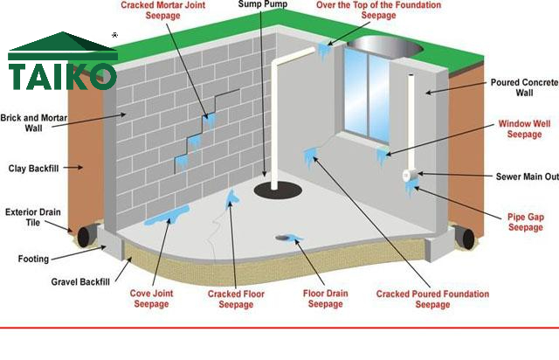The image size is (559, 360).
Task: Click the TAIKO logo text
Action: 61,73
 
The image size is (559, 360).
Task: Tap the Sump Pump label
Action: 262,5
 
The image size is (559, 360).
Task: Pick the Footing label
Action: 33,259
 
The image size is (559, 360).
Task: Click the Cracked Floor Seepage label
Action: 236,298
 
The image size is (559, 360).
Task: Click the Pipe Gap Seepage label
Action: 525,221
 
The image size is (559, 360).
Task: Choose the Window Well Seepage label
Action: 525,128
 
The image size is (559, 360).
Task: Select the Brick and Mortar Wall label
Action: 33,121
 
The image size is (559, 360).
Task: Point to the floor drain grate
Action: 284,237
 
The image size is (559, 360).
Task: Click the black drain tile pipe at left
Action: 86,237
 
